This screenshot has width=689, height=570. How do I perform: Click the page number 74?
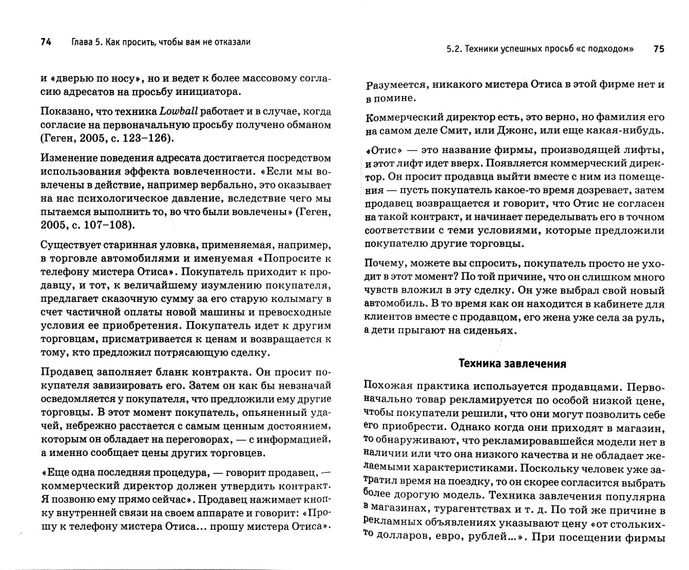coord(45,43)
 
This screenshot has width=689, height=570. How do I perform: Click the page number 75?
coord(659,49)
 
